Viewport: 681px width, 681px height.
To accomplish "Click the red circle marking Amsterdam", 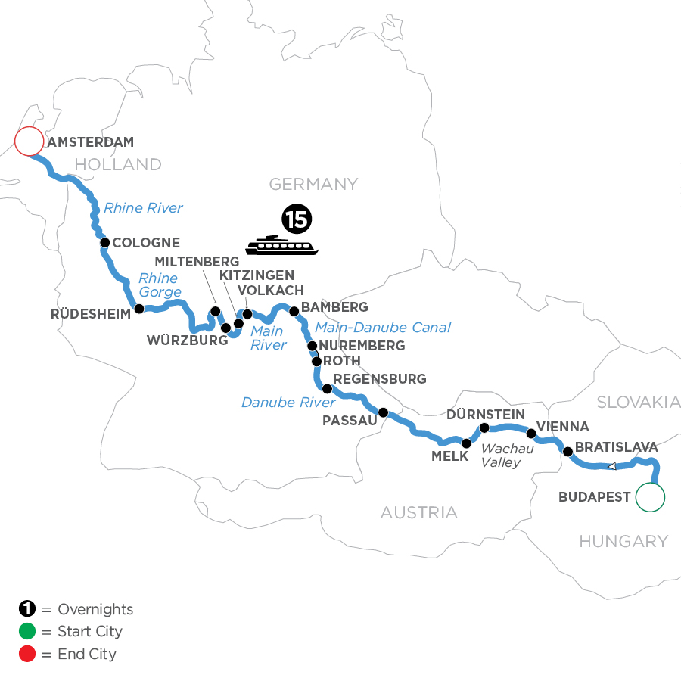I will (29, 141).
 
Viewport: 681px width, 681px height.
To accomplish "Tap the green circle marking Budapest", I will (650, 497).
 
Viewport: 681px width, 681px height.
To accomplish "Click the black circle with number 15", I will (297, 219).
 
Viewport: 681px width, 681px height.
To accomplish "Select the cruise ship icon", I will (284, 244).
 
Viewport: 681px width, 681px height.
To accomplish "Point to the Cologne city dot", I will (106, 243).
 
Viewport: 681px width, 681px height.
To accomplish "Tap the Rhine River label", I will (143, 207).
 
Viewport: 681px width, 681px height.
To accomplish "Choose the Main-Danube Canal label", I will (382, 327).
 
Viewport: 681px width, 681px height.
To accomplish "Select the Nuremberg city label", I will (362, 346).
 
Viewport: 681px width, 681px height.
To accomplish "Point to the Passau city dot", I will (383, 412).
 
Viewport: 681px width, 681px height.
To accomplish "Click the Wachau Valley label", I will (507, 455).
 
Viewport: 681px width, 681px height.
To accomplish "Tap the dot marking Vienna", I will (531, 434).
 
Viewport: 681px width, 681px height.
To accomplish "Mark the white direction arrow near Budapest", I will (612, 466).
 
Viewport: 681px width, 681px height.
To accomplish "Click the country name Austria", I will (418, 512).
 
